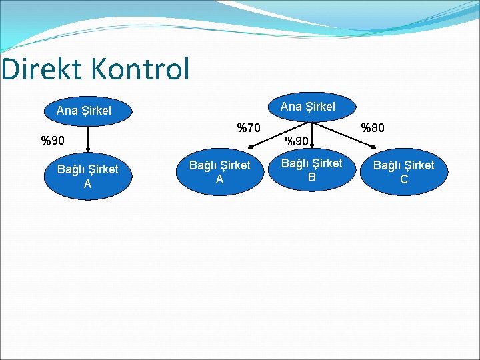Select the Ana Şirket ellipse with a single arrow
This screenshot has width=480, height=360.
pos(84,111)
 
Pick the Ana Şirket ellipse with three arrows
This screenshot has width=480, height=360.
pos(308,107)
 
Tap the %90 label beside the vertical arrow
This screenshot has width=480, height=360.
pos(53,141)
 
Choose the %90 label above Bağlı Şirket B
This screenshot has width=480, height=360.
pos(297,141)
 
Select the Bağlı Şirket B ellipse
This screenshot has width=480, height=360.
pos(311,170)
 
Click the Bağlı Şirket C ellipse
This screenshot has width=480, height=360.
pos(403,172)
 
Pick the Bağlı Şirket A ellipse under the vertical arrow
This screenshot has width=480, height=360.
pos(87,176)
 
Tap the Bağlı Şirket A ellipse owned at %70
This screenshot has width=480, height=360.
pos(220,172)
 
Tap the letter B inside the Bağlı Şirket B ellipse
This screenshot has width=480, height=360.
pos(311,177)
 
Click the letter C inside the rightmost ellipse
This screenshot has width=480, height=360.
pos(403,179)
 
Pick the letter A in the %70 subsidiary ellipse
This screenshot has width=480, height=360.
pos(219,179)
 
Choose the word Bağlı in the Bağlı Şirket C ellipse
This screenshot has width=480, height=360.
pos(387,165)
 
